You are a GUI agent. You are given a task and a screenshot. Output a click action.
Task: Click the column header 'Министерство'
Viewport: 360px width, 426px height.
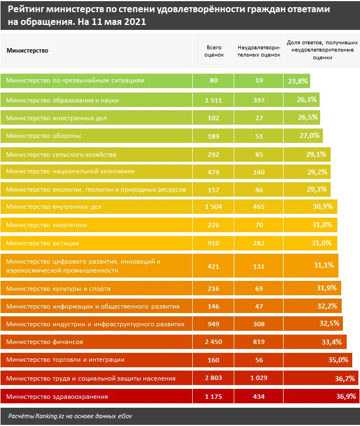[27, 50]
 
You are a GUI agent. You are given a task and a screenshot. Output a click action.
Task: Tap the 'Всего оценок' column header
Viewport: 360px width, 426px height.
[213, 50]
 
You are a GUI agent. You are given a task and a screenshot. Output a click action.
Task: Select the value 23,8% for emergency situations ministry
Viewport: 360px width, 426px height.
[299, 81]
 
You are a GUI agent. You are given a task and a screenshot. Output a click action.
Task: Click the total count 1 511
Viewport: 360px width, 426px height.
[213, 100]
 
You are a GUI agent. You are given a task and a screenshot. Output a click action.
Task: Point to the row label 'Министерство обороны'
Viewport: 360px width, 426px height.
[43, 136]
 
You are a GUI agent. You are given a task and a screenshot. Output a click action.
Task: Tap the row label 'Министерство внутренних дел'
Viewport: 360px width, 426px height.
[54, 207]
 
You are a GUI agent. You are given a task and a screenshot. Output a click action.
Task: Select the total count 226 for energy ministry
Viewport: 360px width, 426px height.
[213, 225]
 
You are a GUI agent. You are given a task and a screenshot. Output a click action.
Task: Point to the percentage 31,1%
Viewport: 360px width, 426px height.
[323, 265]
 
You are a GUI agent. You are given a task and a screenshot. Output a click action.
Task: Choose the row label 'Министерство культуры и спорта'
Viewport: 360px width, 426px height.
[58, 289]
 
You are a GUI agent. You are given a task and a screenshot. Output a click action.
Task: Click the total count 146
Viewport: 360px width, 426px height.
[213, 306]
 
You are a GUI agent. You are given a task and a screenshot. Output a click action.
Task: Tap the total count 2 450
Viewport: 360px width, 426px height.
[213, 342]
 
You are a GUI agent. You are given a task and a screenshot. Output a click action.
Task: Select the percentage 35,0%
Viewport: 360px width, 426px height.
[338, 360]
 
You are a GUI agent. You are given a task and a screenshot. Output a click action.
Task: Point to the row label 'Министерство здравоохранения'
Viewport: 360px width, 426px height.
[56, 397]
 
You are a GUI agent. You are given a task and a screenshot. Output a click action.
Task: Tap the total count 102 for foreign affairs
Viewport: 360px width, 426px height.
[213, 118]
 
